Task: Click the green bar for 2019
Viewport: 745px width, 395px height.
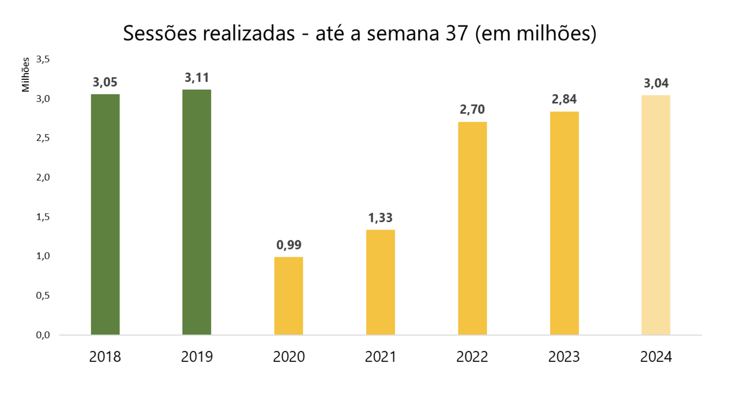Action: click(197, 212)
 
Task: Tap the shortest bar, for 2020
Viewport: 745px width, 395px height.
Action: click(289, 296)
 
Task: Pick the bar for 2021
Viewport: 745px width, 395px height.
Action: click(381, 282)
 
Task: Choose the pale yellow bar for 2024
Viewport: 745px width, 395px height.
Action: click(656, 215)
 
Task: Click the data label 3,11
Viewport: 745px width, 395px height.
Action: click(197, 78)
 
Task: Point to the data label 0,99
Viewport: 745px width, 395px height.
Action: click(289, 245)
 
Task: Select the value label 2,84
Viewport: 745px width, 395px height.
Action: click(564, 99)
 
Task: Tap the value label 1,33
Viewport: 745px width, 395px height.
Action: click(381, 218)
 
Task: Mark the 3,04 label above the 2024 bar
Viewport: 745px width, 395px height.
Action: click(656, 83)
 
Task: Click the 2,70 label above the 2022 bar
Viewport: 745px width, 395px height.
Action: click(472, 110)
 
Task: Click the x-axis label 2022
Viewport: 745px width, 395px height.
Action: click(472, 357)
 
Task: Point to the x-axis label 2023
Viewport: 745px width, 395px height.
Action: click(564, 357)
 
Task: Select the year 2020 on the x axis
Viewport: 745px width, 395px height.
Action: click(289, 357)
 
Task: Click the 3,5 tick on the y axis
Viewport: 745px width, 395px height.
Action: click(43, 60)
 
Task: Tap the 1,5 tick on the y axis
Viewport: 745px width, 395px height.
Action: click(43, 217)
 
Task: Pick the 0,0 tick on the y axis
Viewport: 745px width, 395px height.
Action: click(43, 335)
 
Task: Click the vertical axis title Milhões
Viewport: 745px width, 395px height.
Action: click(26, 74)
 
